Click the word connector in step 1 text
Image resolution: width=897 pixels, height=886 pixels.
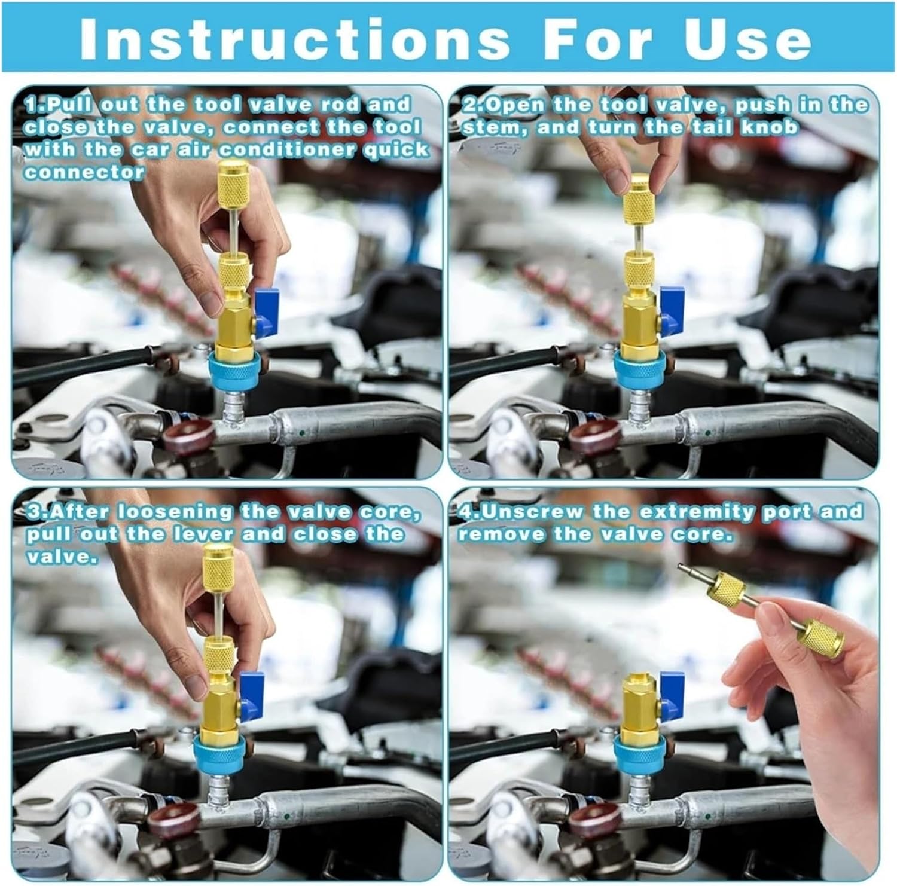tap(84, 173)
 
